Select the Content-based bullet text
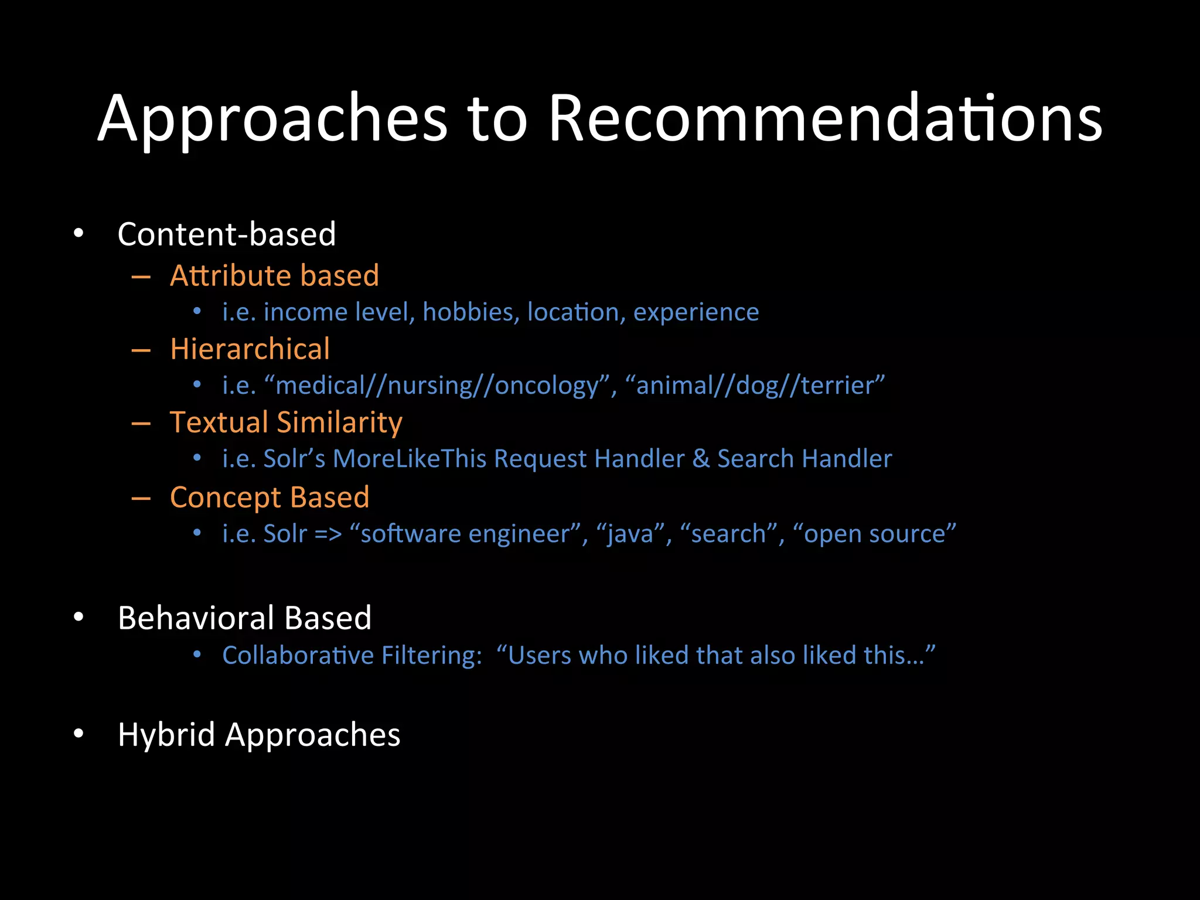[x=227, y=234]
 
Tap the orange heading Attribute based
[x=274, y=275]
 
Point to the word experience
[x=696, y=312]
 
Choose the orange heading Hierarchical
[x=250, y=349]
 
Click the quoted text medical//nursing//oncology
[x=438, y=386]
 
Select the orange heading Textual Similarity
[x=286, y=422]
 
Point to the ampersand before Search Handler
[x=701, y=459]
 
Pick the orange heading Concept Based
[x=270, y=497]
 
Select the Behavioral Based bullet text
[x=244, y=618]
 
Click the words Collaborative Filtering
[x=352, y=655]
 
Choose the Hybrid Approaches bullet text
[x=259, y=735]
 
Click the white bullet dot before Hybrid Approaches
[x=79, y=734]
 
